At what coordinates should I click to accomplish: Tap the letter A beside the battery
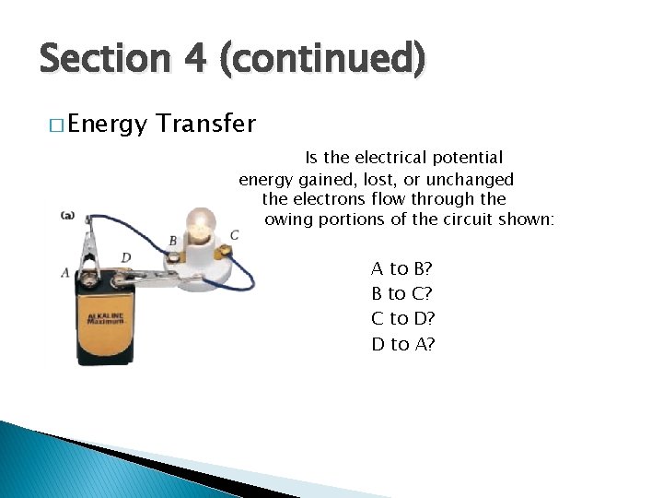pyautogui.click(x=64, y=273)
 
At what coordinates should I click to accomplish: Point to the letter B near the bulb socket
pyautogui.click(x=173, y=242)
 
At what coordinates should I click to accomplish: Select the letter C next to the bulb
pyautogui.click(x=235, y=235)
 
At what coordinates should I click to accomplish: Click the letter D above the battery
pyautogui.click(x=125, y=257)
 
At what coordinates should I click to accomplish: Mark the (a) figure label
pyautogui.click(x=67, y=215)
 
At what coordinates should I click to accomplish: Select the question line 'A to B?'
pyautogui.click(x=402, y=269)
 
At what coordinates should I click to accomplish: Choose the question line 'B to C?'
pyautogui.click(x=402, y=294)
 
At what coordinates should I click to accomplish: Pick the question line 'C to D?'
pyautogui.click(x=402, y=319)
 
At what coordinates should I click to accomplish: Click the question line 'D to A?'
pyautogui.click(x=402, y=344)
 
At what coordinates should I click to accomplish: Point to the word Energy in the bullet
pyautogui.click(x=106, y=124)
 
